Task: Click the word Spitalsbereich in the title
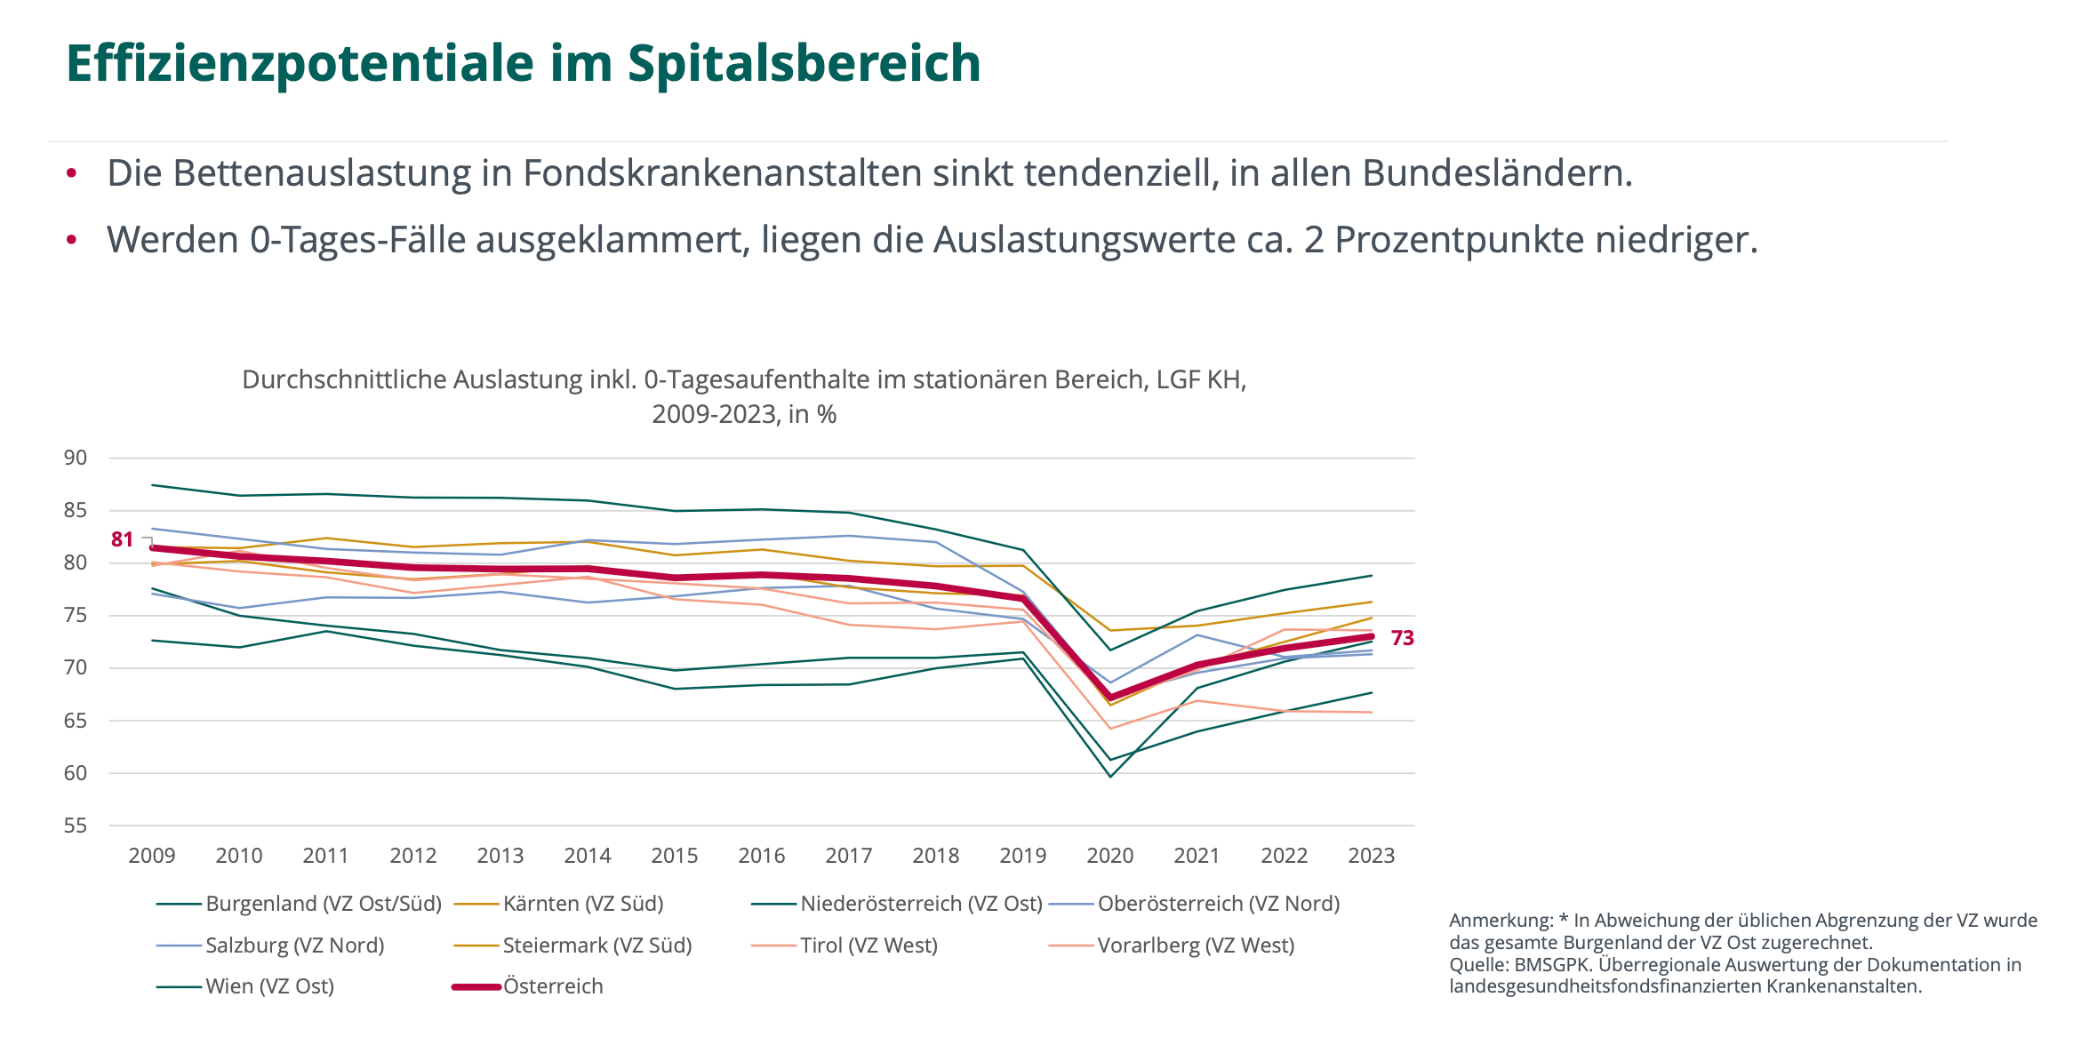(804, 64)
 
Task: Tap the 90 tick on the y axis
(76, 459)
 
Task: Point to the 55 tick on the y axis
(76, 826)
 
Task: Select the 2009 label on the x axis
(152, 856)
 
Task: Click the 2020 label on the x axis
(1110, 856)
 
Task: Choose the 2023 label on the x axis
(1372, 856)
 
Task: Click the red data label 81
(122, 539)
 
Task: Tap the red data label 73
(1402, 638)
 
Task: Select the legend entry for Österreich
(553, 986)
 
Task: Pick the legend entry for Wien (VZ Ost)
(269, 986)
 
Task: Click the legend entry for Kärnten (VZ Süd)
(583, 904)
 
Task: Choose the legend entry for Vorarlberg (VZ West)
(1196, 945)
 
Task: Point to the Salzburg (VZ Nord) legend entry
(294, 945)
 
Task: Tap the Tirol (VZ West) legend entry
(868, 945)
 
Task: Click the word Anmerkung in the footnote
(1501, 921)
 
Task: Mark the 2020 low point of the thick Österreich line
(1110, 698)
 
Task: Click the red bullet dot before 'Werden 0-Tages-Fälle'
(72, 240)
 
